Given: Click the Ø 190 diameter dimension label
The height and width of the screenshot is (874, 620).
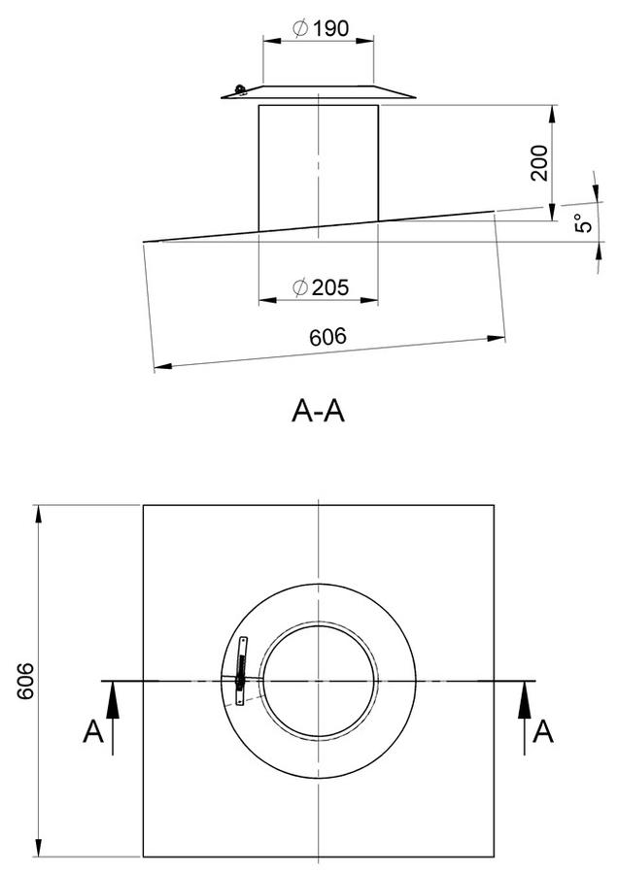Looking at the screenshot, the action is [321, 28].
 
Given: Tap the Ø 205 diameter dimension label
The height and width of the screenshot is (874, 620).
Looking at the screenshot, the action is [321, 287].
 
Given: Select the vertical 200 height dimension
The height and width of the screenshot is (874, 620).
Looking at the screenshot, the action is [539, 163].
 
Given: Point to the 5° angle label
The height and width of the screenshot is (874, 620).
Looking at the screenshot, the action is [584, 223].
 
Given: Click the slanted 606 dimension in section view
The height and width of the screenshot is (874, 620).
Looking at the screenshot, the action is [327, 337].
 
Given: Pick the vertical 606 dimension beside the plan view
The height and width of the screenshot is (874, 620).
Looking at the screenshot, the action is [25, 681].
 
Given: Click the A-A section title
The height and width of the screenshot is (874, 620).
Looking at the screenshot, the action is [319, 412].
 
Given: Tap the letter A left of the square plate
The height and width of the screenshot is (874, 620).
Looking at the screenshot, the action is [93, 731].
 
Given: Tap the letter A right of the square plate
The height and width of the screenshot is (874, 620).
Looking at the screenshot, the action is [543, 731].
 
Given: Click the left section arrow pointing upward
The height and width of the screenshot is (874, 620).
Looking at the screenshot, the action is [113, 718].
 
